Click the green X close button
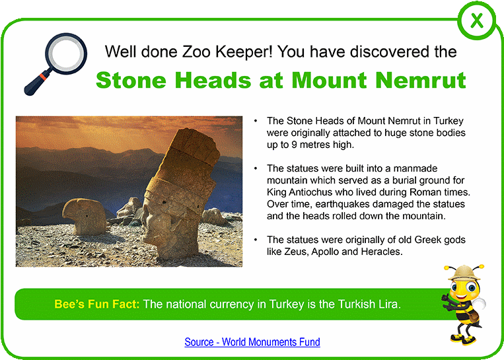pyautogui.click(x=476, y=21)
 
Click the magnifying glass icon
pyautogui.click(x=55, y=64)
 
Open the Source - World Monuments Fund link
pyautogui.click(x=252, y=342)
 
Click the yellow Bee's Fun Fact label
pyautogui.click(x=97, y=304)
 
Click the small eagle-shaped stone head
pyautogui.click(x=85, y=216)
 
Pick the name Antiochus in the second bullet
pyautogui.click(x=310, y=192)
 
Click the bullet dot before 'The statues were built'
pyautogui.click(x=256, y=168)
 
